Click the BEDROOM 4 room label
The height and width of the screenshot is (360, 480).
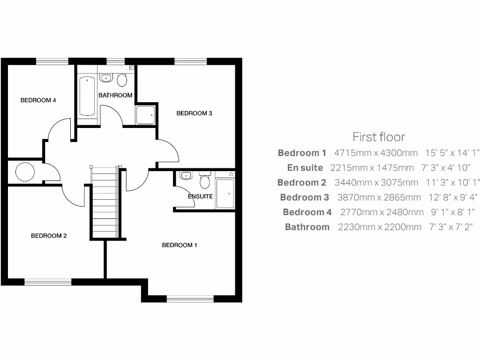[x=38, y=100]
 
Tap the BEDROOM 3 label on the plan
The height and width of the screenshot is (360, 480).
[x=194, y=113]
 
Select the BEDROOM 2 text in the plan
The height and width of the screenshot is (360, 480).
[x=49, y=236]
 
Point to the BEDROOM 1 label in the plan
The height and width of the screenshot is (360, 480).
[x=180, y=245]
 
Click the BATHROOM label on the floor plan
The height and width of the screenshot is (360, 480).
[x=115, y=95]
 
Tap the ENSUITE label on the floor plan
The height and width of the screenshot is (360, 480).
[x=200, y=196]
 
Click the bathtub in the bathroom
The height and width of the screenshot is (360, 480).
[x=88, y=96]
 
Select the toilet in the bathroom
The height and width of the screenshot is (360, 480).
[x=122, y=80]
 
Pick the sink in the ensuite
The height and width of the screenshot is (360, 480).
[x=186, y=176]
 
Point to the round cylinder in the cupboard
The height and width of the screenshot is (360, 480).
[x=25, y=172]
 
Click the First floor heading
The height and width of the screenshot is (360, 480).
[x=379, y=137]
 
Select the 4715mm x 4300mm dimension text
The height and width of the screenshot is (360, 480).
[x=375, y=153]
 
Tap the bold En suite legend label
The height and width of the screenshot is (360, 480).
[x=305, y=168]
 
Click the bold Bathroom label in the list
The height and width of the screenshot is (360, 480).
[x=307, y=227]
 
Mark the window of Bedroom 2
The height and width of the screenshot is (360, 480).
[x=48, y=282]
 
